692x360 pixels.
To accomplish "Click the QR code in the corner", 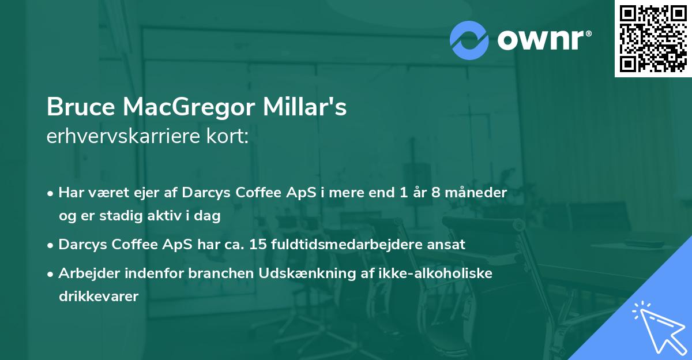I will coord(653,38).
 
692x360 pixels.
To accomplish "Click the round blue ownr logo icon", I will coord(469,40).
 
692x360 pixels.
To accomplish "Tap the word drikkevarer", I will coord(99,297).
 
